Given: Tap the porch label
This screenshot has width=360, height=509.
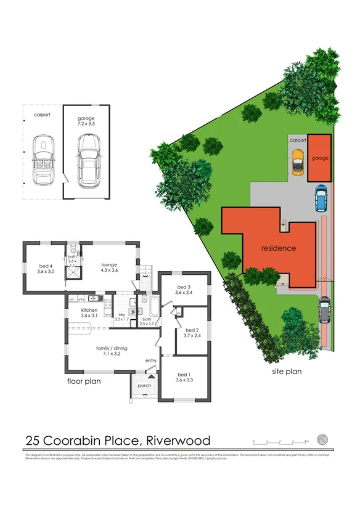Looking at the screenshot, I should point(144,386).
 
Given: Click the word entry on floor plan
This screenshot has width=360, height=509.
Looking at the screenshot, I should point(150,360).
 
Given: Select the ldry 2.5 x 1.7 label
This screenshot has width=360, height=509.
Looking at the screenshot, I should point(121,317).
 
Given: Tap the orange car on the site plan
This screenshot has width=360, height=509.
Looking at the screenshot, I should point(298,162).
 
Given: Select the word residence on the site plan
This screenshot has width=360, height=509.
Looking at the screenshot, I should point(279,248).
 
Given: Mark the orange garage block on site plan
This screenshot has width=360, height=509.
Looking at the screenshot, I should point(319,157).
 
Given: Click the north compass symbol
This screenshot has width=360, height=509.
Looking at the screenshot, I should point(322,440).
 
